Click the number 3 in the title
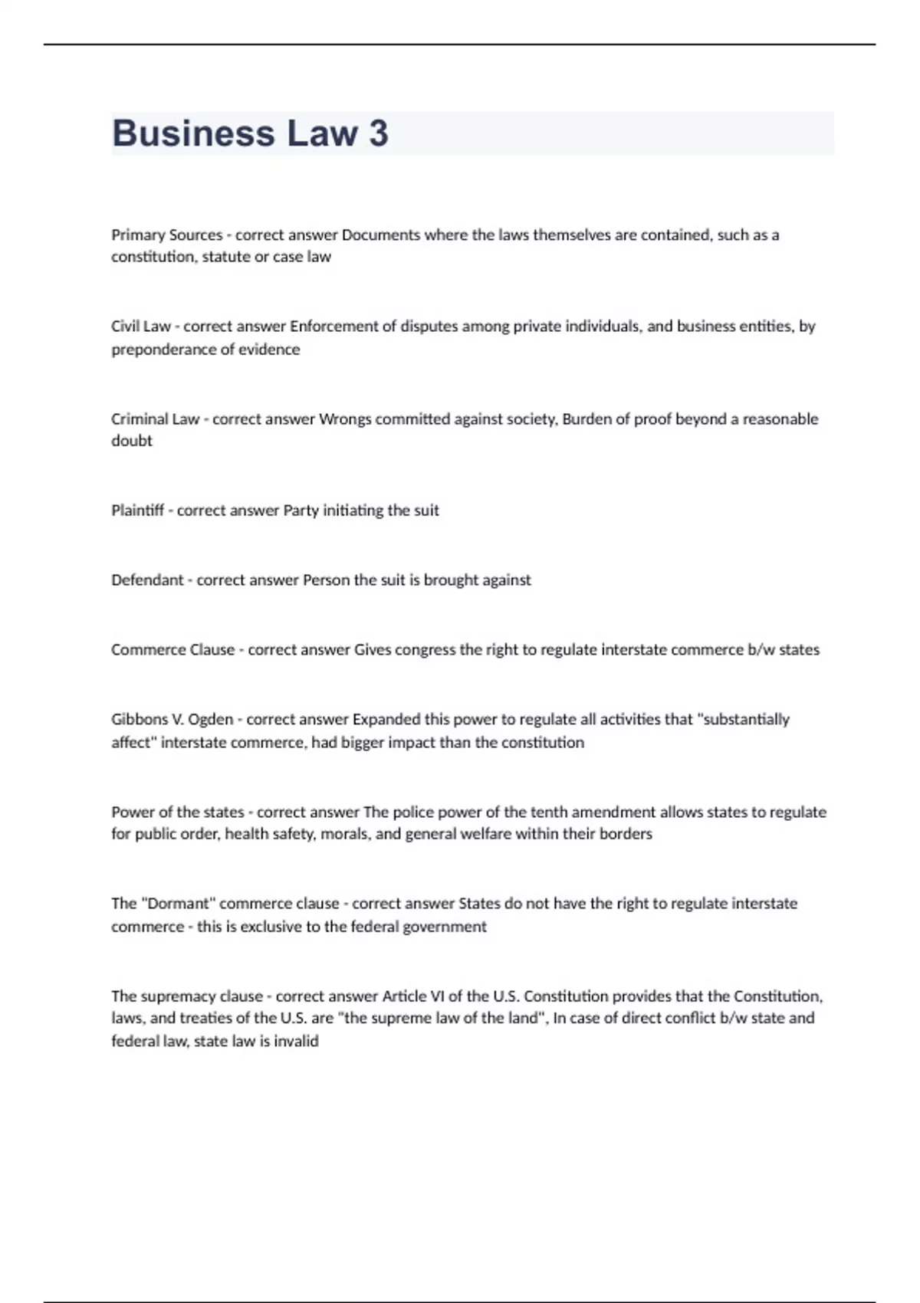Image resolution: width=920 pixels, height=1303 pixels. click(x=378, y=133)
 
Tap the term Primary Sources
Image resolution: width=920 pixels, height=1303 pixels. click(x=166, y=235)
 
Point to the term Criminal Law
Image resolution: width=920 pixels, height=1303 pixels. click(x=155, y=419)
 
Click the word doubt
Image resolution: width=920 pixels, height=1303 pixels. click(x=132, y=441)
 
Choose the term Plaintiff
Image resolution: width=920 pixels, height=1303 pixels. click(x=137, y=510)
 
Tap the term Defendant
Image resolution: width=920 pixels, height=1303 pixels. click(x=147, y=580)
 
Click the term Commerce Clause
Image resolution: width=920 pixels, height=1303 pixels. click(x=172, y=650)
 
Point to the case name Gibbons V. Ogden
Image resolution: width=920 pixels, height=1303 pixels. click(x=172, y=720)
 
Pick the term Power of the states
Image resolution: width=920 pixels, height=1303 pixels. click(x=177, y=812)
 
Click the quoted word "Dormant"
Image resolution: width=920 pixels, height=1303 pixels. click(x=179, y=904)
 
